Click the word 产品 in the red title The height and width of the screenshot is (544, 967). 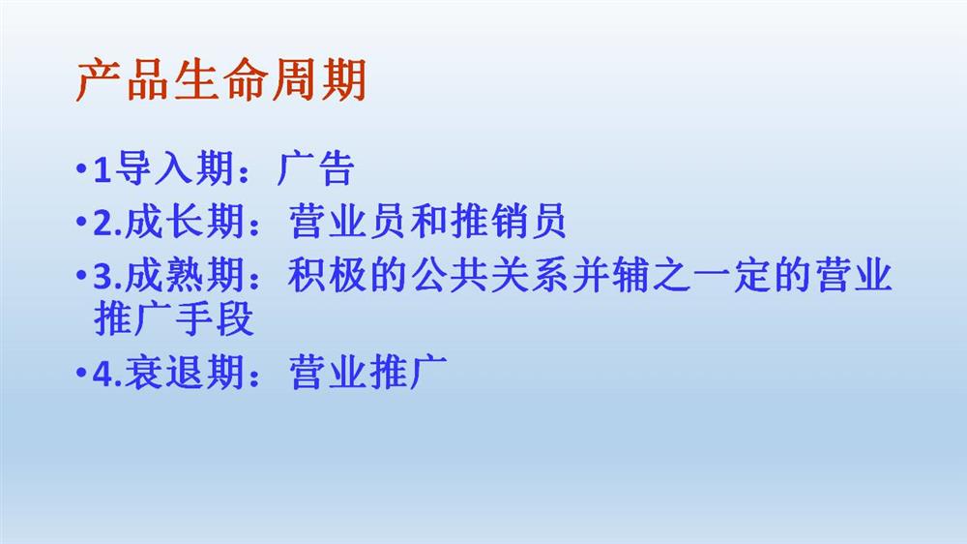(123, 79)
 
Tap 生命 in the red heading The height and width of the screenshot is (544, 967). (220, 79)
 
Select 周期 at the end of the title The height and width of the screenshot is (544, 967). (319, 79)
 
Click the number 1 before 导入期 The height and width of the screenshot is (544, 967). (102, 169)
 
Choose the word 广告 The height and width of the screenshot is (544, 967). (315, 168)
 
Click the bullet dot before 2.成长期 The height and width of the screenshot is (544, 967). (80, 221)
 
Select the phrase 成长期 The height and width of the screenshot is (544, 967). (185, 221)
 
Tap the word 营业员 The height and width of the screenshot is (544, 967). (347, 221)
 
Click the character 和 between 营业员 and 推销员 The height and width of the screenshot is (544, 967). (428, 221)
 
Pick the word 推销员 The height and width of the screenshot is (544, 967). (508, 221)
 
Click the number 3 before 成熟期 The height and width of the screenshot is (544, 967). (103, 276)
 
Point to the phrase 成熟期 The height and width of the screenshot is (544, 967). (185, 275)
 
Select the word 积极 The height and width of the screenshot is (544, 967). (327, 275)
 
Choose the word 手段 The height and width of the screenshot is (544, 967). (215, 318)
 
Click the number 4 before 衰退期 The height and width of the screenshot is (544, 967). (103, 374)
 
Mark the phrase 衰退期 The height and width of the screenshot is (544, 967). (185, 373)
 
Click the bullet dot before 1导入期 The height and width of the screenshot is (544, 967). (80, 167)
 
